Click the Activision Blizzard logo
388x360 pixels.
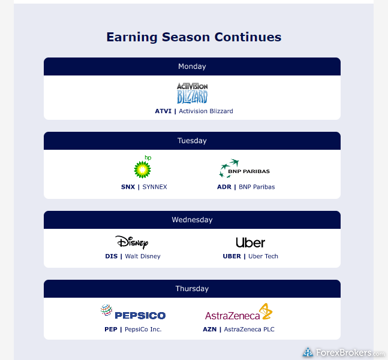pos(193,93)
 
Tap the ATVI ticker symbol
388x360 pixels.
pos(163,111)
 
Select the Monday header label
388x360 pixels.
pos(192,66)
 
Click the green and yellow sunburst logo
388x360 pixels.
pos(142,170)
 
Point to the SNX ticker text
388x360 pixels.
pos(128,187)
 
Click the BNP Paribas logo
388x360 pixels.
pos(244,168)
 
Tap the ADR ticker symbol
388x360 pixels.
pos(224,187)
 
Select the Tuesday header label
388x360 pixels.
pos(192,141)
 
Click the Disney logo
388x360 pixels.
pos(132,242)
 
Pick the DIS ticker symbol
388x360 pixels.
pos(112,256)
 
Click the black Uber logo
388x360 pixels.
pos(251,243)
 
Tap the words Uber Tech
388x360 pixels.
pos(263,256)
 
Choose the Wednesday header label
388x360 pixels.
pos(192,220)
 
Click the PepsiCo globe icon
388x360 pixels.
pos(106,310)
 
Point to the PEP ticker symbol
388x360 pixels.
pos(111,329)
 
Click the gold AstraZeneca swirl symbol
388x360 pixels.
pos(266,311)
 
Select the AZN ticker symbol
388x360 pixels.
pos(209,329)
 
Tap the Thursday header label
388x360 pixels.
pos(192,289)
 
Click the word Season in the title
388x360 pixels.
pos(186,37)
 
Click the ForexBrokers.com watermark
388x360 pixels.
pos(344,353)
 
